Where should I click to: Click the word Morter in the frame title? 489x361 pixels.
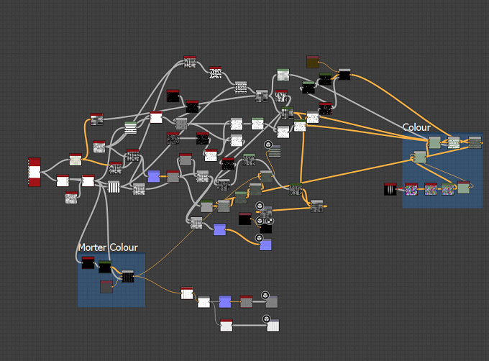click(92, 247)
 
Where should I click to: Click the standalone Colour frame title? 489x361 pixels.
click(416, 127)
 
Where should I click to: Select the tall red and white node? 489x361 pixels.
click(35, 172)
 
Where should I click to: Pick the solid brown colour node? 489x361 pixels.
click(313, 62)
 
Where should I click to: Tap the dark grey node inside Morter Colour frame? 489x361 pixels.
click(106, 287)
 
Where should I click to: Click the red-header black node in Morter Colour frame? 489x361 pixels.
click(88, 262)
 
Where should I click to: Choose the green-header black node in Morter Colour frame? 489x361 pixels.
click(105, 268)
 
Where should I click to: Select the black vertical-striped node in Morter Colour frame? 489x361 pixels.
click(127, 276)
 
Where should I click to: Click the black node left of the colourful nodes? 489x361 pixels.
click(390, 189)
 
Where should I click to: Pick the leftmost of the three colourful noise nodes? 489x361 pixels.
click(411, 189)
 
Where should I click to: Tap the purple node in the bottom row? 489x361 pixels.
click(225, 302)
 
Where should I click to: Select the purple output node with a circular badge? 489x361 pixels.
click(265, 245)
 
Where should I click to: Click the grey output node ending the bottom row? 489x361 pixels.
click(272, 302)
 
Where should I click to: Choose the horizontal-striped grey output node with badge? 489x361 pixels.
click(275, 151)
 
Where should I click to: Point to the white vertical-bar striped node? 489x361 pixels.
click(114, 187)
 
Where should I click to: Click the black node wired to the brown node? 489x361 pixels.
click(344, 75)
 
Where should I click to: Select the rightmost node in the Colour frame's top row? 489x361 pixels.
click(475, 142)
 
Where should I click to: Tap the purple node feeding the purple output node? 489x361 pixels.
click(220, 229)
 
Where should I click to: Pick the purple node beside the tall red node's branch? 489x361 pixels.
click(154, 176)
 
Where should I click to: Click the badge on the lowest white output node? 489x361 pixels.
click(266, 319)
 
